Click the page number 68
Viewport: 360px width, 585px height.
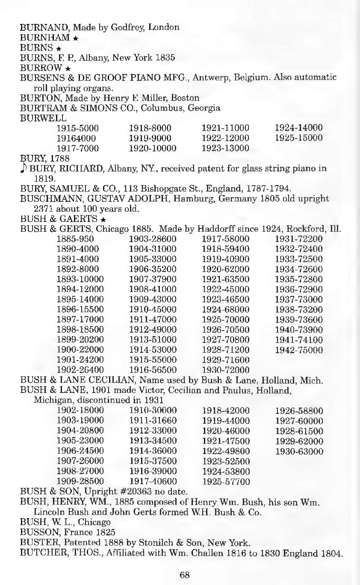185,575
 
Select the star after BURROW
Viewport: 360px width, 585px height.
68,68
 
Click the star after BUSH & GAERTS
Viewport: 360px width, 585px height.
103,219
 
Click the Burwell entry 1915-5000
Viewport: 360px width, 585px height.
77,128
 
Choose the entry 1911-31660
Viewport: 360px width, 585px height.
153,421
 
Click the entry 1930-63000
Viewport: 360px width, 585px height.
299,452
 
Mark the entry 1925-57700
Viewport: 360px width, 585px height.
225,482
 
